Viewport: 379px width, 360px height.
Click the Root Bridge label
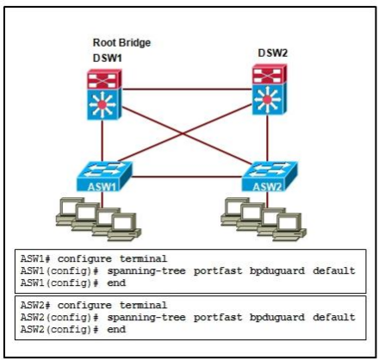point(121,43)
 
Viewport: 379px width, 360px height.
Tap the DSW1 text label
point(108,59)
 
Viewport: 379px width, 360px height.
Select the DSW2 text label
point(273,53)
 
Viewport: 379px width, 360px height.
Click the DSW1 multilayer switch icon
point(104,95)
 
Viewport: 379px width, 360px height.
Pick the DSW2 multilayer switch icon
point(270,90)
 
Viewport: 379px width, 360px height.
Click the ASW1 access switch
point(104,177)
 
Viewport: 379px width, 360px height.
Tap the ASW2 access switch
point(270,177)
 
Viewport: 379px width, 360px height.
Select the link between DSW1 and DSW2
point(187,90)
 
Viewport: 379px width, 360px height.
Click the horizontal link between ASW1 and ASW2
point(187,177)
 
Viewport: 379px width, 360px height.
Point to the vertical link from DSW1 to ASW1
point(102,140)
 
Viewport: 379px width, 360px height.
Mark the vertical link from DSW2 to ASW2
point(267,138)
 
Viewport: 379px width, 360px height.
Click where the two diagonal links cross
point(183,133)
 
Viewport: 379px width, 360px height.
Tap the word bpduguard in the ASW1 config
point(277,271)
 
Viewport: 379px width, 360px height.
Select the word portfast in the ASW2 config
point(218,317)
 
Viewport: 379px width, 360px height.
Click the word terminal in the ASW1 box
point(143,258)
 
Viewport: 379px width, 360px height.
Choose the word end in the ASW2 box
point(116,329)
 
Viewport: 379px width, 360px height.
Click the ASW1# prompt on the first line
point(35,258)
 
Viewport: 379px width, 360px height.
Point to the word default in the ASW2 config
point(334,317)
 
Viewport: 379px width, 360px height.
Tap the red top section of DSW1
point(104,78)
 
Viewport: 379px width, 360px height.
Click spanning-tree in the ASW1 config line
point(146,271)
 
